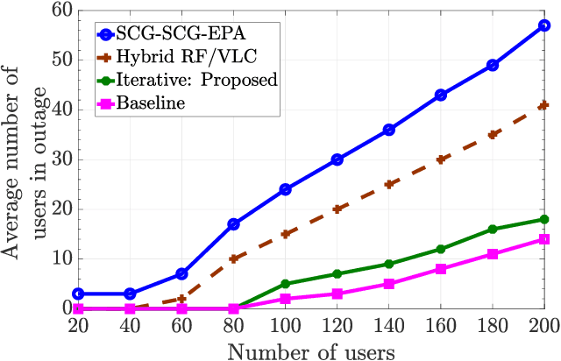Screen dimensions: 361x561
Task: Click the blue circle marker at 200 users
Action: [543, 25]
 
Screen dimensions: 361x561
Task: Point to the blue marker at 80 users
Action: [233, 224]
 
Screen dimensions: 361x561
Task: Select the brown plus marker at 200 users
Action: [543, 105]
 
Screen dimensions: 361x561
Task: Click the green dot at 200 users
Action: [543, 219]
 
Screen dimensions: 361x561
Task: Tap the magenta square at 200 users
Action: [543, 239]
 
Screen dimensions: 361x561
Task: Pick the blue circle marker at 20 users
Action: [78, 294]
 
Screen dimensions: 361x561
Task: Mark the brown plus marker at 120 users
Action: [337, 209]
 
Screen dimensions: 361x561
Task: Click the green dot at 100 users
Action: [285, 284]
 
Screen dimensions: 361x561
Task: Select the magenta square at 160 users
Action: [440, 269]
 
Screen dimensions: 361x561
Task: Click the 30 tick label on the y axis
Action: [57, 159]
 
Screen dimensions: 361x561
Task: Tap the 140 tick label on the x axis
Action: [388, 325]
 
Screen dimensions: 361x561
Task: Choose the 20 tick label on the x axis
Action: [78, 325]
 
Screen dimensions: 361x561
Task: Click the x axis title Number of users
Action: [311, 349]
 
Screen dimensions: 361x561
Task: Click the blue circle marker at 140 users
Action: [388, 130]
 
